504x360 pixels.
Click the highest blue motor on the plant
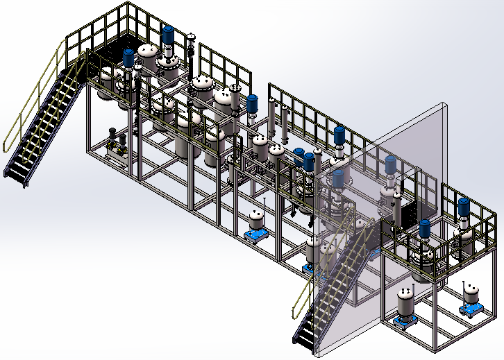click(168, 36)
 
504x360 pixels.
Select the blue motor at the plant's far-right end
click(463, 207)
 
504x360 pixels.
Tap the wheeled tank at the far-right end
click(473, 298)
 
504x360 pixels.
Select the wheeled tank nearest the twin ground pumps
click(258, 221)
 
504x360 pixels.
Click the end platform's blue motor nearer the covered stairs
click(424, 228)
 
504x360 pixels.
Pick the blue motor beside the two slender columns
click(253, 103)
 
